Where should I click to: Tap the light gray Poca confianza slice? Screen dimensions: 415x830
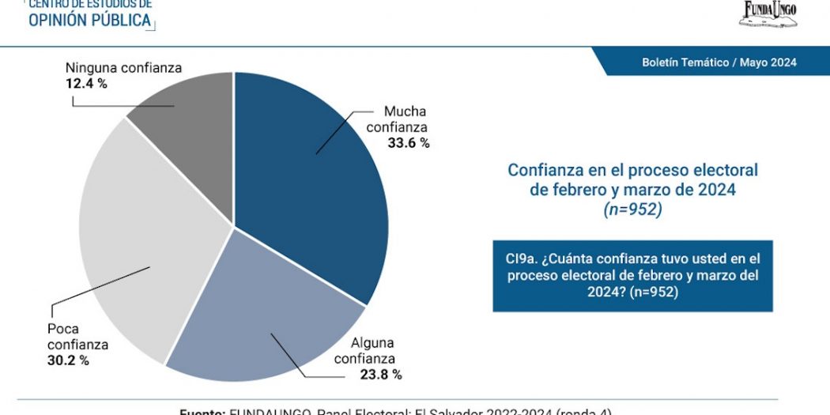(142, 253)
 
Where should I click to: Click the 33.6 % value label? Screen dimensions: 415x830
(409, 143)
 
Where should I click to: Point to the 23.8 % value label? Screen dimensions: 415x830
(381, 375)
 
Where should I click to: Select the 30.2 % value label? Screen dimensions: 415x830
(68, 360)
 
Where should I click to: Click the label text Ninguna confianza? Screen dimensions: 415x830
(123, 68)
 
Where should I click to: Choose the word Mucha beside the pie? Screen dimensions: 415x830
(406, 111)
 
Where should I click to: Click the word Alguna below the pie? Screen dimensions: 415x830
(373, 343)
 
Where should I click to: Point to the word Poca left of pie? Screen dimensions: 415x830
(62, 329)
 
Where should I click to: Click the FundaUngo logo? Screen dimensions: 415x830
(768, 13)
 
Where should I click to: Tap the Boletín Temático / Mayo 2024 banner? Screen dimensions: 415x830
(719, 62)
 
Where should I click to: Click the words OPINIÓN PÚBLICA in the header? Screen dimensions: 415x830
(89, 21)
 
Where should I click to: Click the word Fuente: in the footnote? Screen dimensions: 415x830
(202, 412)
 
